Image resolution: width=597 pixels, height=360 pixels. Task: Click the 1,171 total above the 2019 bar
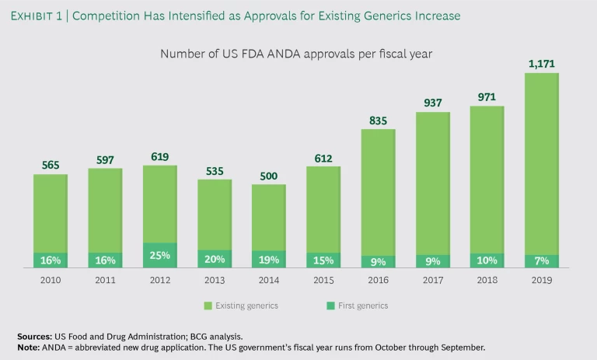(x=543, y=63)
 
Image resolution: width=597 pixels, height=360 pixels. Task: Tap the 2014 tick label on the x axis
(x=269, y=280)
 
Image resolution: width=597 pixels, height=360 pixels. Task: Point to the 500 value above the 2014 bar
(x=269, y=175)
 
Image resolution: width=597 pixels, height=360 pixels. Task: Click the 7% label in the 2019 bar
(x=543, y=261)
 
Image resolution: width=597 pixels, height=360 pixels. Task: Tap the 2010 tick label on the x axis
(x=51, y=280)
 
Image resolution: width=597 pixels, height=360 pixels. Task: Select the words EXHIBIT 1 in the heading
(x=46, y=14)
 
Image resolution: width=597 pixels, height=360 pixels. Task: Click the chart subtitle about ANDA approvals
(x=296, y=54)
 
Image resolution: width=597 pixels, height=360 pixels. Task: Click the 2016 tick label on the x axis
(x=379, y=280)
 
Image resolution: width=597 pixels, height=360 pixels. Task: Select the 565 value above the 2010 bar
(x=51, y=165)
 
